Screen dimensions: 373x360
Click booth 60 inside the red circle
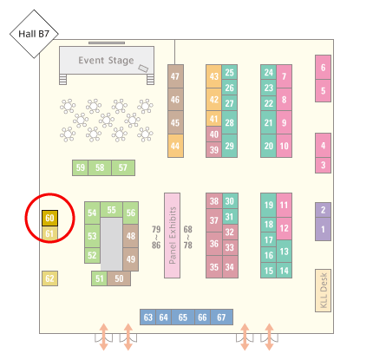click(x=49, y=218)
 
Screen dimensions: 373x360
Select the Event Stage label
click(x=106, y=61)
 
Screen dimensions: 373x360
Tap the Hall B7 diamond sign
click(x=34, y=34)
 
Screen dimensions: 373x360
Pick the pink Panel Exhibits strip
click(x=172, y=235)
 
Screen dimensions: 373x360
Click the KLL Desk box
click(x=323, y=291)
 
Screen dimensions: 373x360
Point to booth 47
click(x=175, y=76)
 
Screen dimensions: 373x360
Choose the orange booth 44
click(x=175, y=146)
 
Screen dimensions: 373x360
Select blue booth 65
click(x=183, y=317)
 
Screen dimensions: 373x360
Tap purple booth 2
click(x=323, y=210)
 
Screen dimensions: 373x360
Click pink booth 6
click(x=323, y=68)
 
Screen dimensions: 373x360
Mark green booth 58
click(x=100, y=167)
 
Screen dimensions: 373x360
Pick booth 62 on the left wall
click(x=49, y=278)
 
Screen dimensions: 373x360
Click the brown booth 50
click(x=119, y=278)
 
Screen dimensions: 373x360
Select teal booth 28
click(x=230, y=122)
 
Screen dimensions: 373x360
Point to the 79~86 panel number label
click(x=156, y=238)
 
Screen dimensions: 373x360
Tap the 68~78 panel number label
click(x=188, y=238)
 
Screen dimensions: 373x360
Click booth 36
click(x=214, y=244)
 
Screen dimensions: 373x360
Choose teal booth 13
click(x=284, y=252)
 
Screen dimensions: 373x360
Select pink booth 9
click(x=284, y=122)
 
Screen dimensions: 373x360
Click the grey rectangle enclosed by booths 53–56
click(x=111, y=244)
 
